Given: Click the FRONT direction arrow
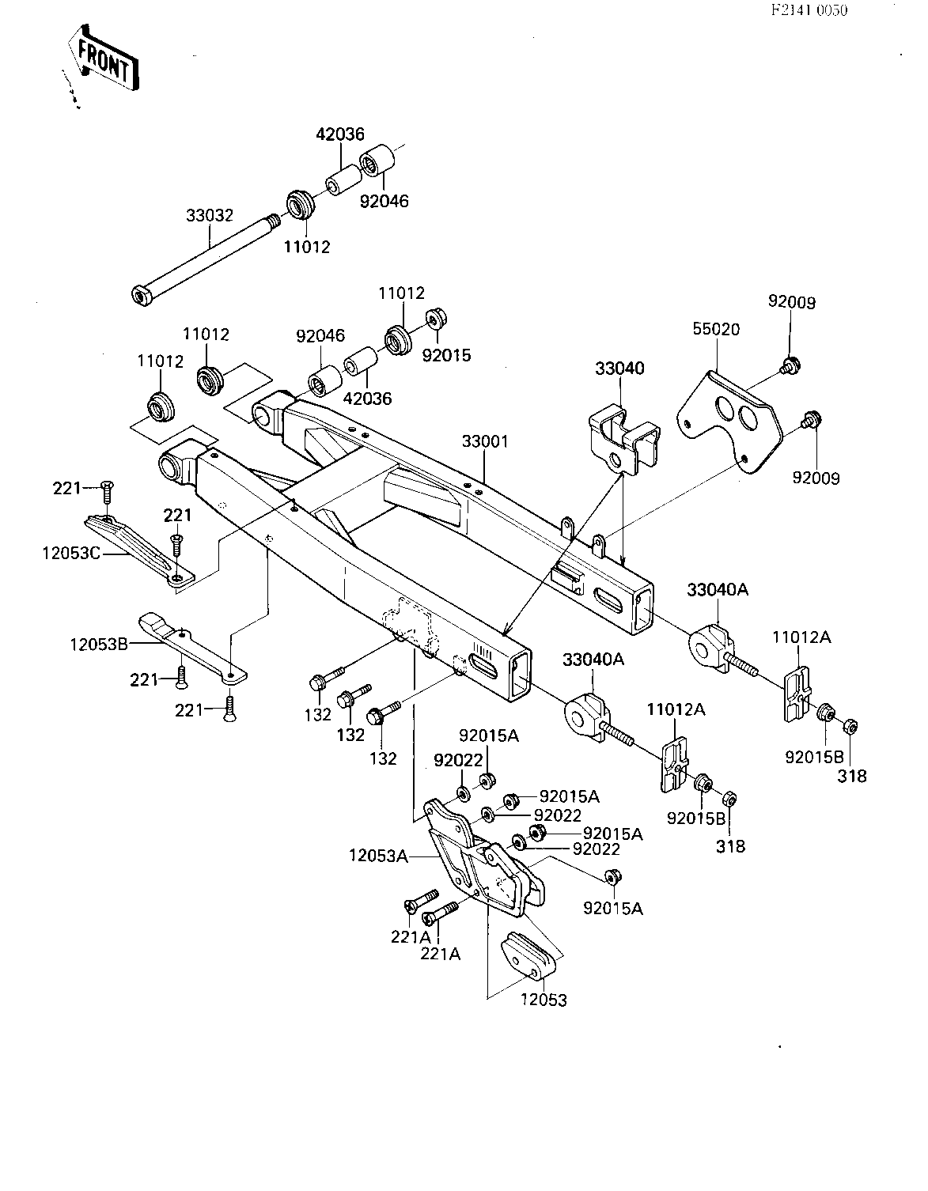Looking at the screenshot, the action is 103,58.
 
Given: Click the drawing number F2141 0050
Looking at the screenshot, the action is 809,10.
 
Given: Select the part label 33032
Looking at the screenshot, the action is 210,215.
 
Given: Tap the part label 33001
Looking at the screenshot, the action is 485,441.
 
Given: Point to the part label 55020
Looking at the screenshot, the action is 716,329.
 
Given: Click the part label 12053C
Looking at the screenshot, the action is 71,554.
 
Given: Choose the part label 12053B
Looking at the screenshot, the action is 99,644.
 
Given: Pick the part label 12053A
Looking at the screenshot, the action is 379,856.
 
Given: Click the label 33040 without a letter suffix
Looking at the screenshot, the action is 620,369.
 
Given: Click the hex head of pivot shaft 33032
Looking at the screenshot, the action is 142,296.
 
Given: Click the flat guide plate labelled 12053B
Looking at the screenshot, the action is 191,648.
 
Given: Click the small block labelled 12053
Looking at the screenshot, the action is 529,956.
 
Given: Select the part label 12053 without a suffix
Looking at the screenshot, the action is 544,1000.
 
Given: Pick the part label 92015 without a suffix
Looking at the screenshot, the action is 446,355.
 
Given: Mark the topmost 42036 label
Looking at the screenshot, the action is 340,134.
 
